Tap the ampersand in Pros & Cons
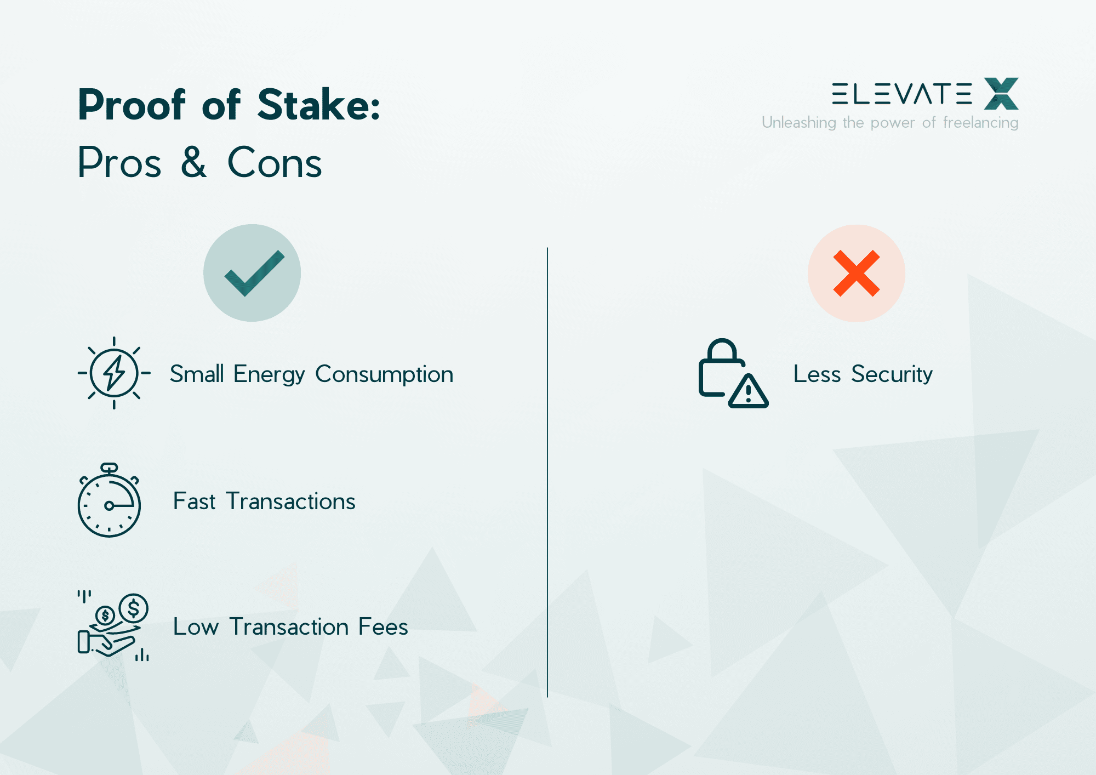(194, 162)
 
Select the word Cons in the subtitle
(275, 163)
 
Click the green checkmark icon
(253, 273)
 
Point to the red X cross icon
(856, 273)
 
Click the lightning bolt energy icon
(114, 373)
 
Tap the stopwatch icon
(109, 501)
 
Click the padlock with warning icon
(732, 373)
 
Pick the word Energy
(269, 374)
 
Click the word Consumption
(384, 374)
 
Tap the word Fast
(195, 502)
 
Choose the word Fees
(383, 626)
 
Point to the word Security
(892, 374)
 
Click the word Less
(817, 374)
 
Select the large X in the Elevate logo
(1001, 94)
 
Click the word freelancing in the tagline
(980, 122)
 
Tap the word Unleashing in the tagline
(798, 122)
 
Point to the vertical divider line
(547, 471)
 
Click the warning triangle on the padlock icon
(749, 392)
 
